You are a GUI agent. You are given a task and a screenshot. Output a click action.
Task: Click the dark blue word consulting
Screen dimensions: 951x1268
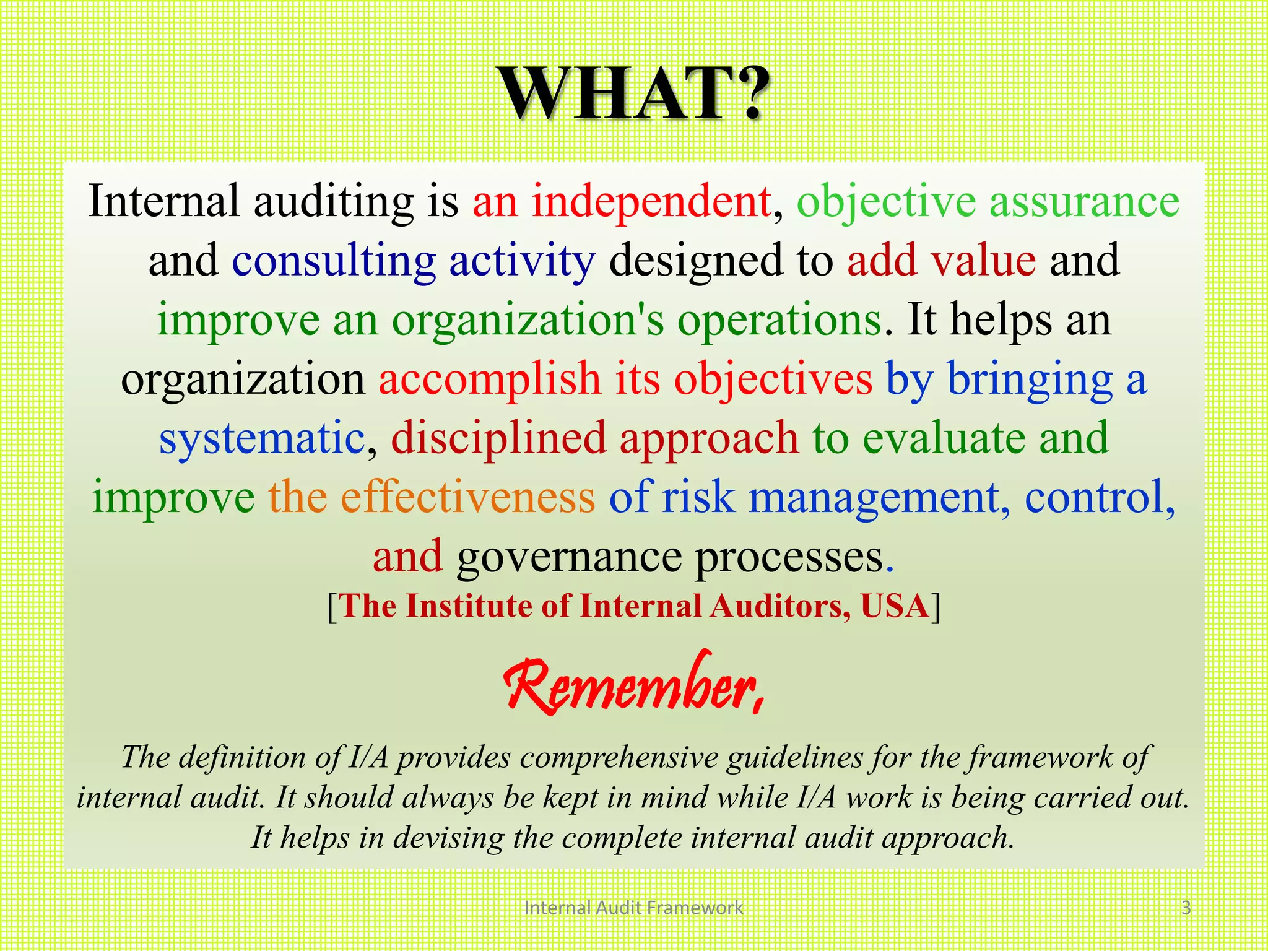point(334,261)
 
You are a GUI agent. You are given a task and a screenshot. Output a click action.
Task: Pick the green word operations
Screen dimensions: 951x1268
point(779,319)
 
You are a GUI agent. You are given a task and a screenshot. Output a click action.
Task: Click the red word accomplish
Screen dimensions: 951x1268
point(490,378)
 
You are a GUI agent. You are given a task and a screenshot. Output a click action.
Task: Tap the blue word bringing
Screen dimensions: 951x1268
point(1030,378)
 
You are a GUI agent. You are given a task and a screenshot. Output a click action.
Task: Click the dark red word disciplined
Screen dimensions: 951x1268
point(498,438)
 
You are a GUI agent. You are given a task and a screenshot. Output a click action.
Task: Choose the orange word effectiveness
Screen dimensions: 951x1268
point(467,497)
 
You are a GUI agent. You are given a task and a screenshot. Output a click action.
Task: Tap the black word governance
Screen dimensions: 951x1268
point(569,556)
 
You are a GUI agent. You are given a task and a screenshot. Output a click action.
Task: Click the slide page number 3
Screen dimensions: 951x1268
point(1186,908)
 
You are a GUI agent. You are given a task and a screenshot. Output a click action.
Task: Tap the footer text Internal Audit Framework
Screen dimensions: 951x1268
point(633,908)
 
